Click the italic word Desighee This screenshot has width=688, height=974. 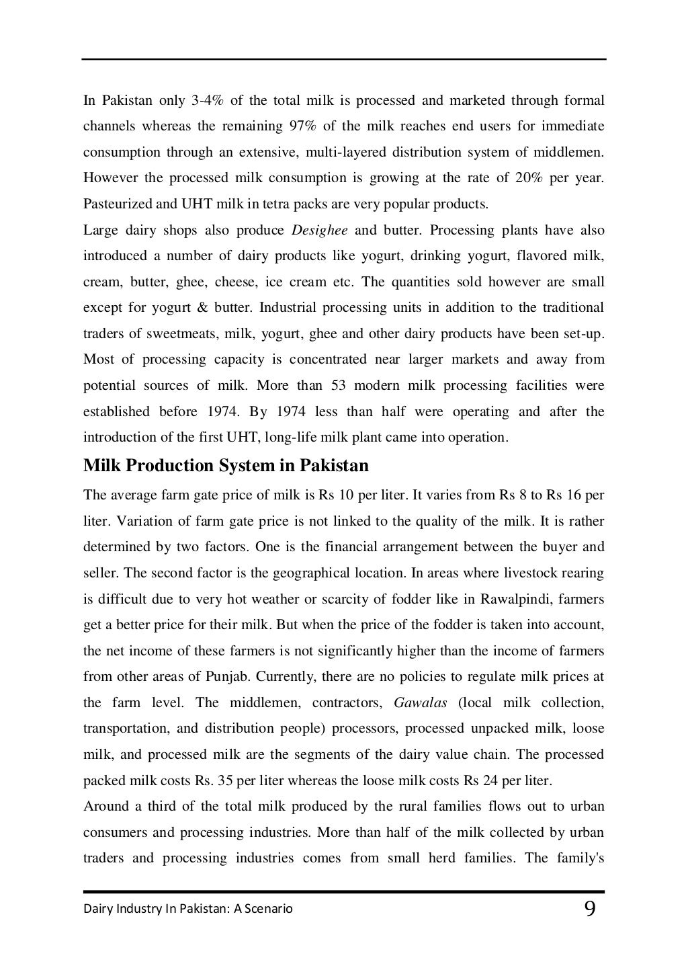[320, 231]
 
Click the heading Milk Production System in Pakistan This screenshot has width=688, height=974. [226, 465]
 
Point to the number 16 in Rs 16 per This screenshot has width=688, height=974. [572, 495]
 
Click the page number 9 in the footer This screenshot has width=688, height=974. [589, 909]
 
